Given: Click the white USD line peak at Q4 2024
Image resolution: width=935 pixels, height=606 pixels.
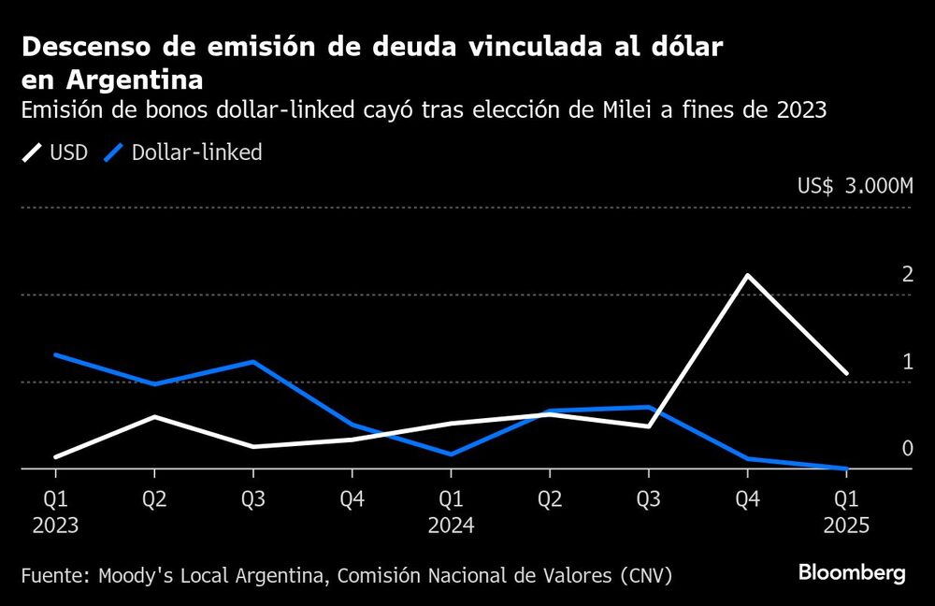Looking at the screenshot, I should [x=746, y=275].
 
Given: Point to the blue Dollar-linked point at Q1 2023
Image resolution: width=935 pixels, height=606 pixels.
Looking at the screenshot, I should [x=55, y=354].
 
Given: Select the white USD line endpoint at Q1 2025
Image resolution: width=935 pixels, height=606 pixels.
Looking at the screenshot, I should [x=846, y=374].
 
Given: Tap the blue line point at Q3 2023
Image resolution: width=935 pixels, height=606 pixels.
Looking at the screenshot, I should [x=252, y=361].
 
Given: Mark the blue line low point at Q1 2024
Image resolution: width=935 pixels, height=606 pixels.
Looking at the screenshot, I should [x=451, y=454].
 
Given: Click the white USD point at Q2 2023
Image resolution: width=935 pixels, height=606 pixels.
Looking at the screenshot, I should [x=154, y=416].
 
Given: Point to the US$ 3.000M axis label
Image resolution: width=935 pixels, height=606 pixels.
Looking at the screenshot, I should [x=855, y=186].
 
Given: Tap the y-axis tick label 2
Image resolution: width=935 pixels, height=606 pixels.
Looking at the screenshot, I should [x=906, y=274].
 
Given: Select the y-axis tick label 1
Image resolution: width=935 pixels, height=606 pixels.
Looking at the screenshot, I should [x=906, y=361].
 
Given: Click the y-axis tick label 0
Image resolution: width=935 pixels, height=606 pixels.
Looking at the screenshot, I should [x=906, y=448].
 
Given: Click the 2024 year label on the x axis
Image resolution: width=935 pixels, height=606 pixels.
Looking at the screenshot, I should [x=451, y=526].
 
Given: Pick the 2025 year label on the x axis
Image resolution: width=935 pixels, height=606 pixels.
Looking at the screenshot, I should [x=846, y=526].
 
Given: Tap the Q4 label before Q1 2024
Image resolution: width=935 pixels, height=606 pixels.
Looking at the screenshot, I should [x=352, y=499].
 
